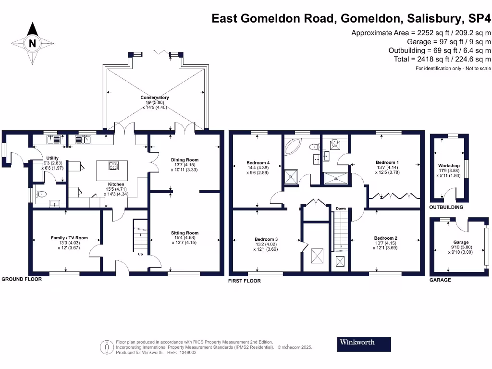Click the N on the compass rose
(x=33, y=43)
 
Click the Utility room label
(x=52, y=158)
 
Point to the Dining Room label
(x=184, y=160)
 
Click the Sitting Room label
(x=184, y=233)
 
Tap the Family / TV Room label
(x=70, y=238)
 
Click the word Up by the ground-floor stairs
(x=140, y=254)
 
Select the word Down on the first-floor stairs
(x=341, y=209)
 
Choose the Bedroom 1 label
(x=387, y=162)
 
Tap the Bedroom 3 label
(x=266, y=239)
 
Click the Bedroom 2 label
(x=386, y=238)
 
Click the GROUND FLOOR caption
(x=21, y=279)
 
